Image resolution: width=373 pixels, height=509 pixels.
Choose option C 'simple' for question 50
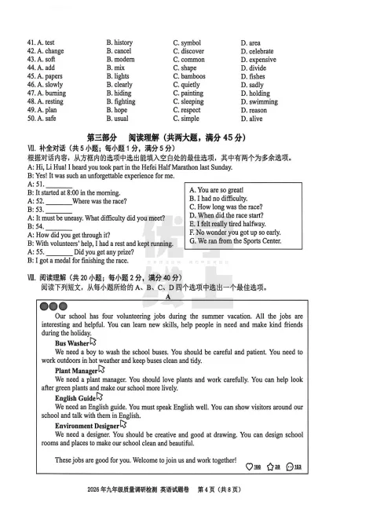(190, 119)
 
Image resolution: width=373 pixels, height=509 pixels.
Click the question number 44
(32, 68)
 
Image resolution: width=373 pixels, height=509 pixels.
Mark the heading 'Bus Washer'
(72, 344)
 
